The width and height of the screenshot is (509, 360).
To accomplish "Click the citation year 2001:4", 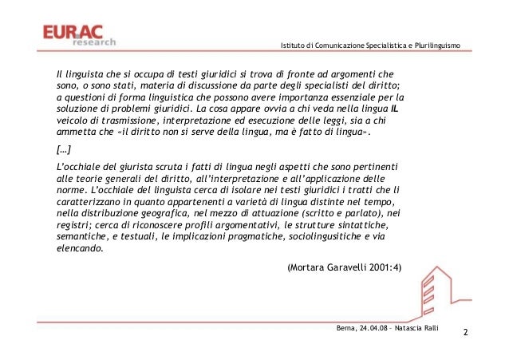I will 380,267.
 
